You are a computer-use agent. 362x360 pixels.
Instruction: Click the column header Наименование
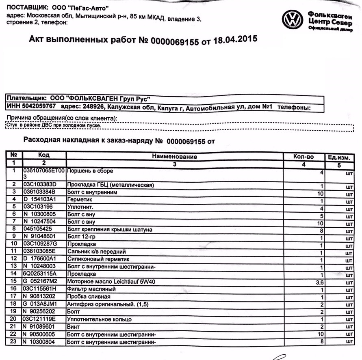pyautogui.click(x=174, y=156)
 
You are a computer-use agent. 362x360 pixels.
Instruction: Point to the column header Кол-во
pyautogui.click(x=303, y=157)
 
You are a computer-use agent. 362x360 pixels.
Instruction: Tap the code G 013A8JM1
pyautogui.click(x=41, y=304)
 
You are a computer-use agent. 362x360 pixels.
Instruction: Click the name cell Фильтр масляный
pyautogui.click(x=91, y=289)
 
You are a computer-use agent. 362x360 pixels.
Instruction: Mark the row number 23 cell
pyautogui.click(x=14, y=342)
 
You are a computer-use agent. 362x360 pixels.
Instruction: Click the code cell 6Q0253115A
pyautogui.click(x=40, y=274)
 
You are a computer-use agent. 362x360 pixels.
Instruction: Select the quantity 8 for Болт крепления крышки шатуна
pyautogui.click(x=321, y=230)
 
